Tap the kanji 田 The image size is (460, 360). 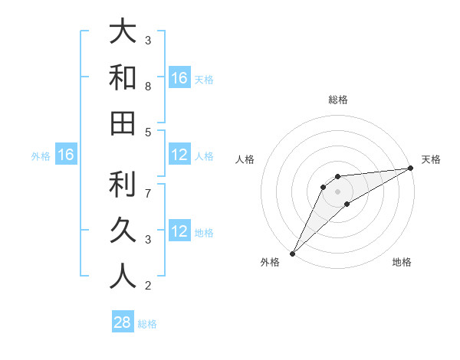point(123,123)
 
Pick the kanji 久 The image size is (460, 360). point(123,229)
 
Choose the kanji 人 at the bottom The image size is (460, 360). point(123,275)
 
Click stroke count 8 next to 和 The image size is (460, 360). point(148,87)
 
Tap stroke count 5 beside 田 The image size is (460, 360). point(148,133)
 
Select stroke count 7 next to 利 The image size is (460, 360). point(148,194)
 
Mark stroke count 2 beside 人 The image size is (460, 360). point(148,286)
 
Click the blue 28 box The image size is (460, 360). point(123,323)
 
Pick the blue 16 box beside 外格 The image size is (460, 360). point(66,155)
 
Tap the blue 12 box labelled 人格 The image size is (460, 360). point(179,155)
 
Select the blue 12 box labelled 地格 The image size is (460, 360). point(179,232)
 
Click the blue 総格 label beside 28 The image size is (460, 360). point(147,324)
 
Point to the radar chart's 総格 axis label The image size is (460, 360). point(337,100)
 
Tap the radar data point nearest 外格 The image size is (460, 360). point(292,254)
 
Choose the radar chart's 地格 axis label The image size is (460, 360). point(402,263)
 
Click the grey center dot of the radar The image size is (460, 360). point(337,191)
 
